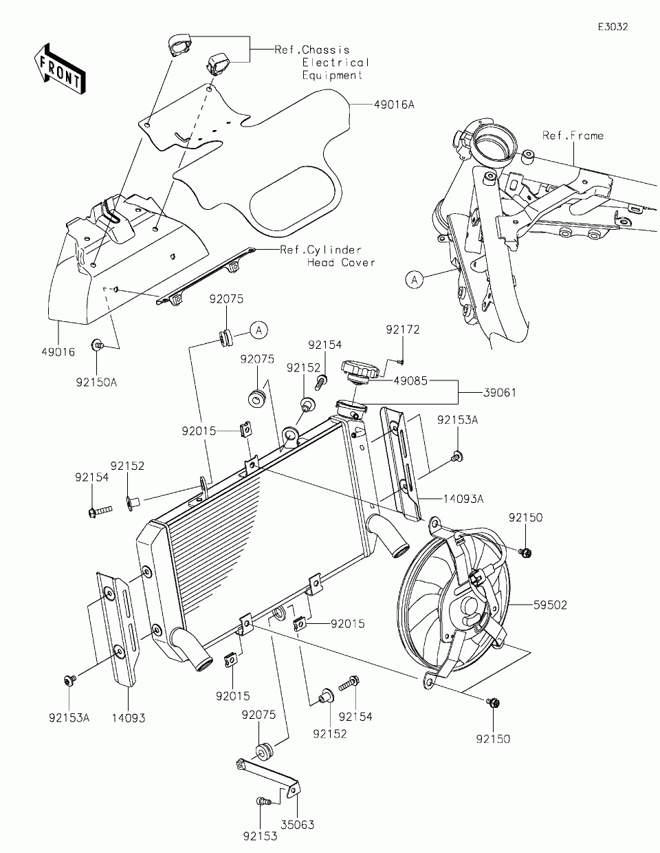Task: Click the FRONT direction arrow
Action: pyautogui.click(x=60, y=68)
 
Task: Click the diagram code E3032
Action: pyautogui.click(x=612, y=27)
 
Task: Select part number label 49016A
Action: pyautogui.click(x=395, y=105)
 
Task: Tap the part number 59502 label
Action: pyautogui.click(x=550, y=605)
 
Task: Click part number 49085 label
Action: pyautogui.click(x=410, y=380)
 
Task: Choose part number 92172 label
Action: pyautogui.click(x=402, y=330)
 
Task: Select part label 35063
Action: pyautogui.click(x=298, y=825)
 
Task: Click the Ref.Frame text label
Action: pyautogui.click(x=572, y=136)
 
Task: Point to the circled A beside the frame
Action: pyautogui.click(x=414, y=279)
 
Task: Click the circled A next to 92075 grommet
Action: pyautogui.click(x=258, y=331)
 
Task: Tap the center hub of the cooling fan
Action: pyautogui.click(x=470, y=605)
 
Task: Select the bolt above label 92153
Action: pyautogui.click(x=261, y=801)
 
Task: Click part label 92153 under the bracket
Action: pyautogui.click(x=259, y=837)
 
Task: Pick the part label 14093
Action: pyautogui.click(x=129, y=717)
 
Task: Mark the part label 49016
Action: pyautogui.click(x=58, y=352)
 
